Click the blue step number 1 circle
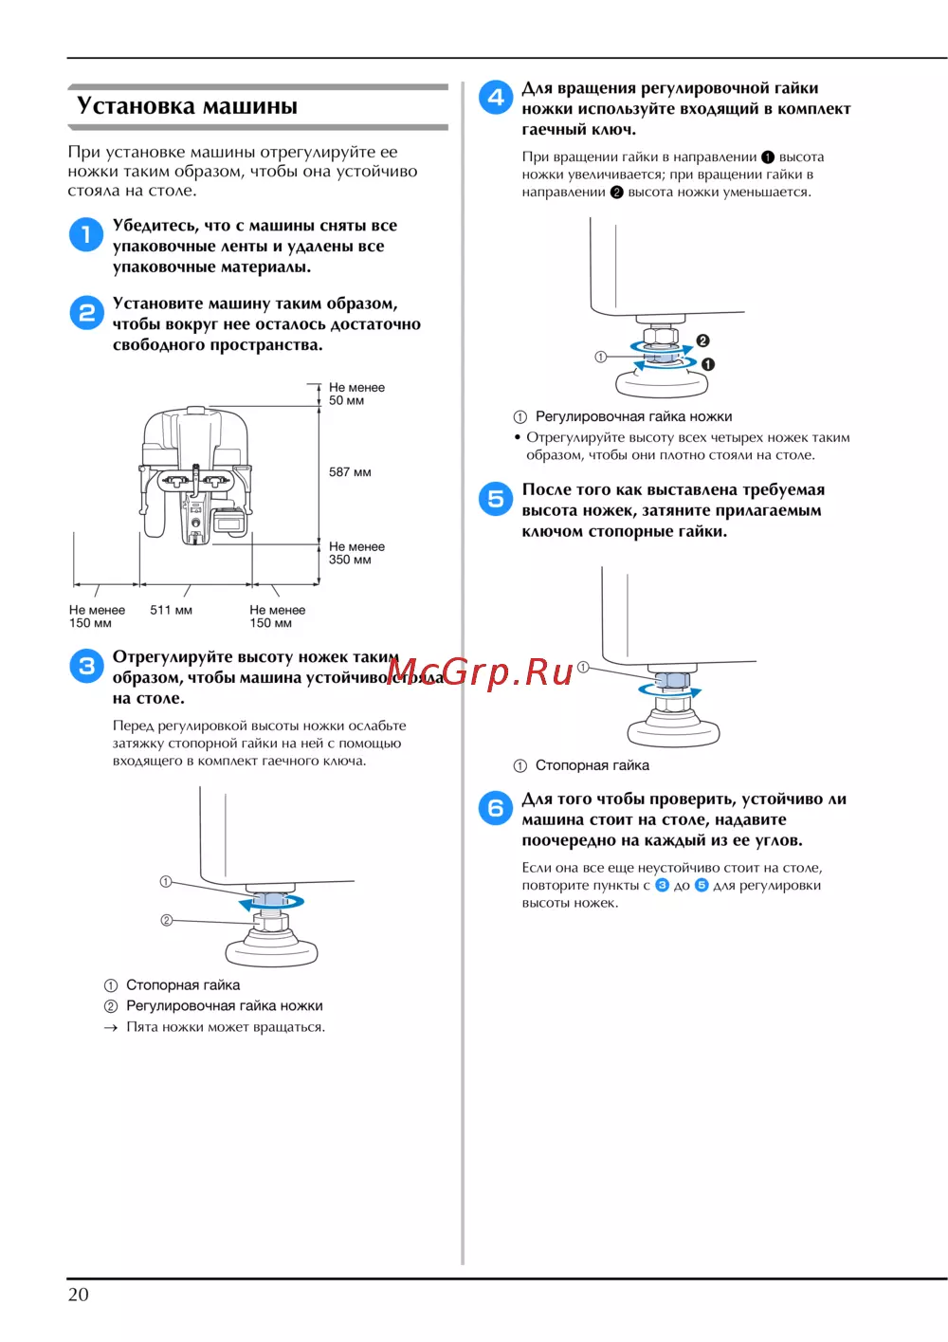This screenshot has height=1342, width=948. pyautogui.click(x=86, y=234)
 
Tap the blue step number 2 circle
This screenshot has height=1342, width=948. pyautogui.click(x=87, y=312)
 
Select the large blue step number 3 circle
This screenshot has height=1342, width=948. pyautogui.click(x=87, y=666)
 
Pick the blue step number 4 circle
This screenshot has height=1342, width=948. pyautogui.click(x=495, y=97)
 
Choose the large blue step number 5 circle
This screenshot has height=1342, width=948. pyautogui.click(x=495, y=499)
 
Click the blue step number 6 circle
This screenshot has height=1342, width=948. pyautogui.click(x=495, y=808)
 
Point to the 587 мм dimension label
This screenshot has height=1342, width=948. pyautogui.click(x=350, y=472)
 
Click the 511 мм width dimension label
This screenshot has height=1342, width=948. pyautogui.click(x=171, y=610)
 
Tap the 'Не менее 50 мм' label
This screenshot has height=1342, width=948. pyautogui.click(x=356, y=394)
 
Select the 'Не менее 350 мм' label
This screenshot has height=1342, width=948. pyautogui.click(x=356, y=553)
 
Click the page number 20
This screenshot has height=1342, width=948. pyautogui.click(x=78, y=1294)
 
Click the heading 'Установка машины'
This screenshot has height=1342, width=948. pyautogui.click(x=187, y=105)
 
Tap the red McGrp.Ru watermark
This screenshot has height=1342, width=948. pyautogui.click(x=480, y=671)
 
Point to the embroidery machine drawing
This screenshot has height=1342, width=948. pyautogui.click(x=194, y=476)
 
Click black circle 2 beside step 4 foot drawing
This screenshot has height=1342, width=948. pyautogui.click(x=702, y=340)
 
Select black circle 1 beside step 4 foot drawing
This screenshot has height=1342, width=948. pyautogui.click(x=707, y=364)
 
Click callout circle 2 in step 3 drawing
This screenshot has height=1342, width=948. pyautogui.click(x=167, y=920)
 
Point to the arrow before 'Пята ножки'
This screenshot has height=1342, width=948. pyautogui.click(x=110, y=1027)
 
